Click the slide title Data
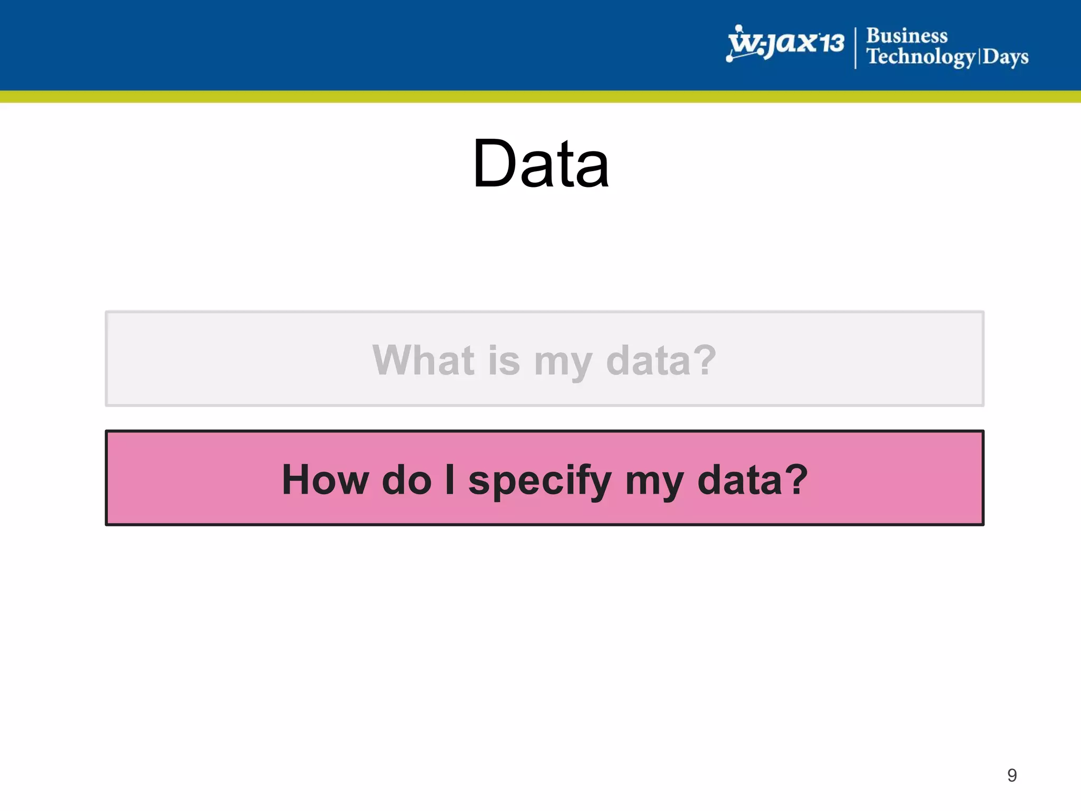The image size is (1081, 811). click(x=541, y=163)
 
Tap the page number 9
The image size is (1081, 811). click(x=1012, y=775)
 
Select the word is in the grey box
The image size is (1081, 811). click(x=504, y=360)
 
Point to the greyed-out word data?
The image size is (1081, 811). click(x=661, y=360)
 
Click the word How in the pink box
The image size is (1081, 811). click(x=325, y=479)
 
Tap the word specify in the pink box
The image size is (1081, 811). click(x=539, y=482)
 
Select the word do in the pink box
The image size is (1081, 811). click(x=407, y=479)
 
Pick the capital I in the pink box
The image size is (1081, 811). click(x=450, y=479)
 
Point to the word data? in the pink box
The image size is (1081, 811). click(x=753, y=479)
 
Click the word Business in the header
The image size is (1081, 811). click(x=907, y=35)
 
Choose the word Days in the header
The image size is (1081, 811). click(x=1006, y=56)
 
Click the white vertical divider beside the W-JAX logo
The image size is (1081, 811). click(x=856, y=48)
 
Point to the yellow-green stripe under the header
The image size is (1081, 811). click(x=540, y=97)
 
